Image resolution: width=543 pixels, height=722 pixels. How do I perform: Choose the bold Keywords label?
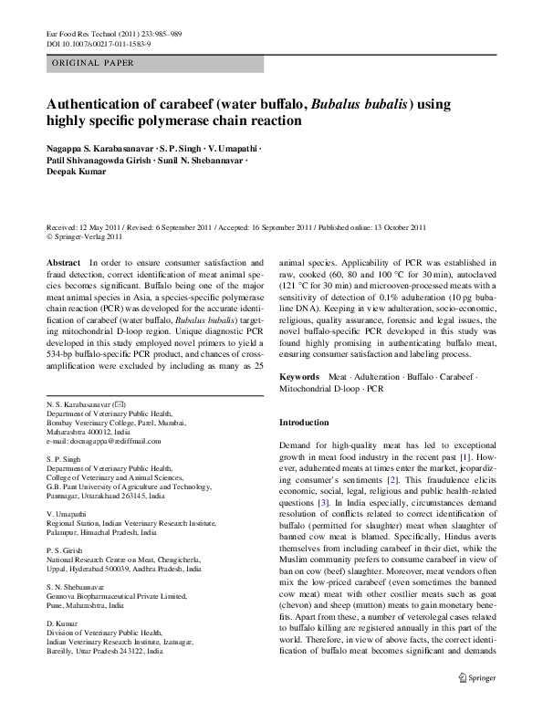click(x=298, y=376)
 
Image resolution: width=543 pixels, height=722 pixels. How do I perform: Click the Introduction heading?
click(x=303, y=423)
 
